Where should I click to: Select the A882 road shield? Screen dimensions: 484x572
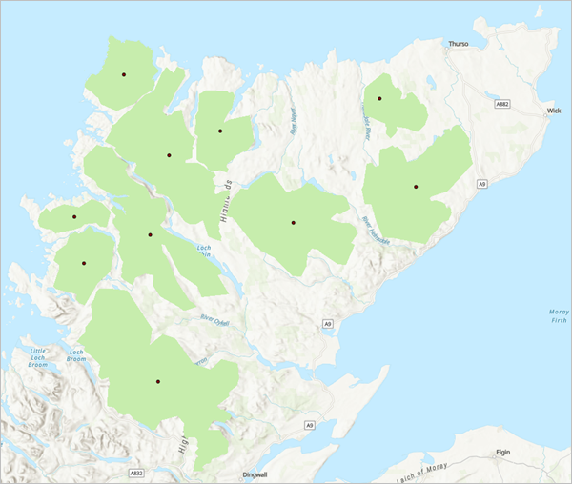[503, 102]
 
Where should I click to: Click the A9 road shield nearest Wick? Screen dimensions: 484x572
[482, 183]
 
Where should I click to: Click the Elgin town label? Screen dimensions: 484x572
[505, 454]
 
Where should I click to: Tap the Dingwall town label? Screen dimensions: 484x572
[251, 474]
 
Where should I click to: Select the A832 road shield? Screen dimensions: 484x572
[136, 472]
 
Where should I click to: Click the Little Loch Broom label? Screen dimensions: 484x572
[38, 357]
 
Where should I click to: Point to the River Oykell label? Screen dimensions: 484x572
[216, 319]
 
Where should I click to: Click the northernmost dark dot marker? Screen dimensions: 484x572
[123, 74]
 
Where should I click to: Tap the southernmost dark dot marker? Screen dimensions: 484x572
[158, 382]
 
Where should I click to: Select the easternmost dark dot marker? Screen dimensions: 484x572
[416, 187]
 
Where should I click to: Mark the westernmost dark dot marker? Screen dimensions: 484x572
[73, 217]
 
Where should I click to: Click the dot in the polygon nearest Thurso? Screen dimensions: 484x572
[379, 98]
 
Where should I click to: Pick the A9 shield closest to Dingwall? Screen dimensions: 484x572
[309, 424]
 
